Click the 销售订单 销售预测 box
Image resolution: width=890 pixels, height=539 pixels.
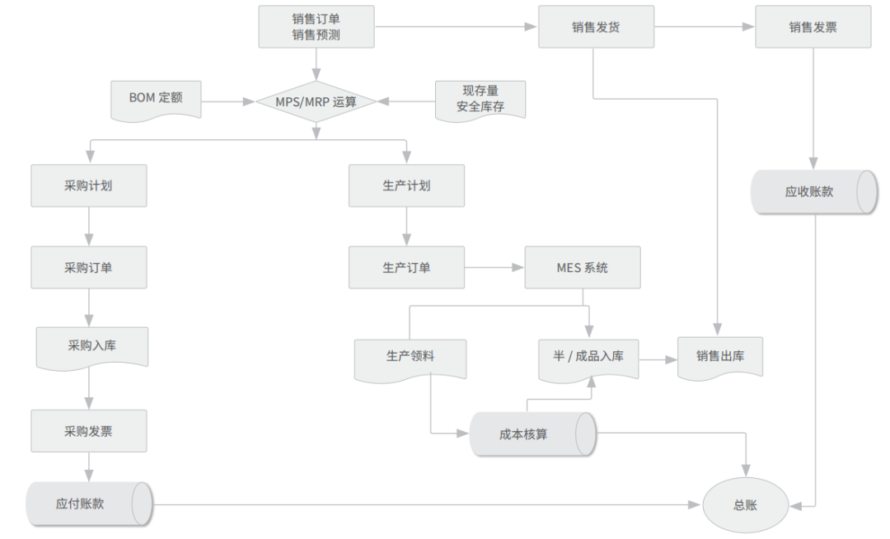316,26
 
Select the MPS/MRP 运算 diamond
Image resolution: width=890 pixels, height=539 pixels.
316,101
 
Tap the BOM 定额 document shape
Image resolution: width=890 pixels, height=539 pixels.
156,98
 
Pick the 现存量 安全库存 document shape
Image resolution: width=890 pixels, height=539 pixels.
480,100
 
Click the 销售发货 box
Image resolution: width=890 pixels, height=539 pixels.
596,26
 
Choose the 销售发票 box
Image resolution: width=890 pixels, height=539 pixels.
813,26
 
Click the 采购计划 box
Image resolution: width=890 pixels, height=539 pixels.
89,185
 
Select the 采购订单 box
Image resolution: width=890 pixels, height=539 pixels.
89,267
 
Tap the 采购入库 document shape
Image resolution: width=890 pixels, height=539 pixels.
91,345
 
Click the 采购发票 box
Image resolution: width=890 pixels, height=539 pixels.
89,430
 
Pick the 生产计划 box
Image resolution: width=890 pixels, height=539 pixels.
406,185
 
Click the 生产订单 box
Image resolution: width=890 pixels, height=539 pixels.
406,267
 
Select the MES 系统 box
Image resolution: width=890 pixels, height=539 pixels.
582,267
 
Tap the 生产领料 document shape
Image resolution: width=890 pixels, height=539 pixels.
410,357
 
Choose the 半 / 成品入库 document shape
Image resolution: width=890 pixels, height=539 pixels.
588,356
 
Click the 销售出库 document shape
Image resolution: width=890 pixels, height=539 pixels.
719,356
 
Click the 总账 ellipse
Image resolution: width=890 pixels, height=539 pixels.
745,504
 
